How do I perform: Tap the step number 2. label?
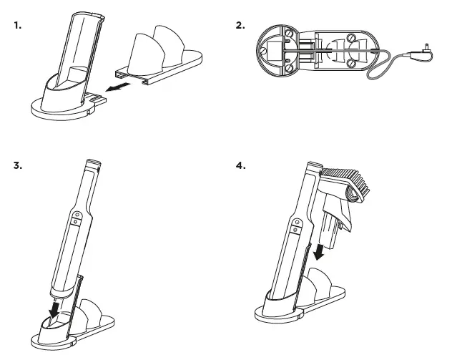240,25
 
